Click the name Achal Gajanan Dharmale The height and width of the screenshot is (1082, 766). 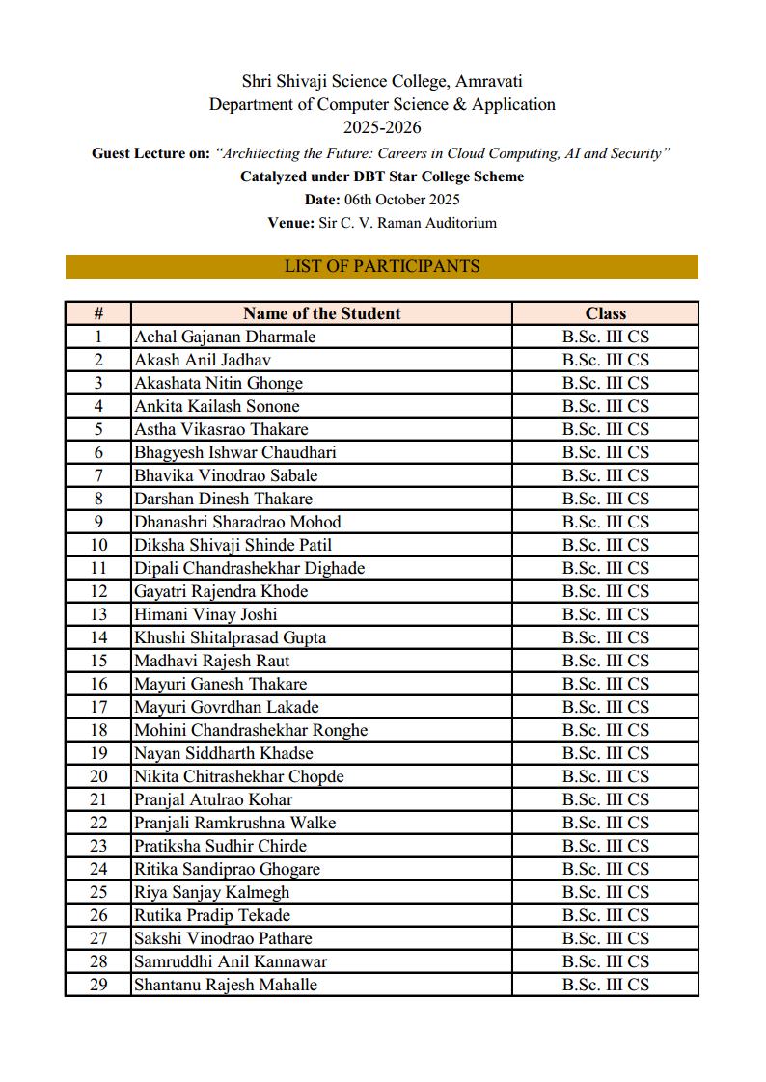tap(225, 337)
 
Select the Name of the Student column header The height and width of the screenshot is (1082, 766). tap(321, 313)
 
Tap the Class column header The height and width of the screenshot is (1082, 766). tap(605, 313)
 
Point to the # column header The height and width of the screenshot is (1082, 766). tap(98, 313)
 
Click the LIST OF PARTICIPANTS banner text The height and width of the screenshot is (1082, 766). tap(382, 266)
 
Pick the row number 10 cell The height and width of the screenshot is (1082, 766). tap(98, 545)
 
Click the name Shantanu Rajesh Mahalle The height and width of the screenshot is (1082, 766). tap(226, 985)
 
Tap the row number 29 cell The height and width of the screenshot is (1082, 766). tap(98, 985)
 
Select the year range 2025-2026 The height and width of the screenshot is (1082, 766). tap(382, 127)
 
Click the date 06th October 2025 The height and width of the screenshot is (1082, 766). tap(408, 200)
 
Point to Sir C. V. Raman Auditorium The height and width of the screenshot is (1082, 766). tap(407, 223)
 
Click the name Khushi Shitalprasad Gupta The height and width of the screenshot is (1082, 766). tap(230, 637)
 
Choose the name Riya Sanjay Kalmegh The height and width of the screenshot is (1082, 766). tap(211, 892)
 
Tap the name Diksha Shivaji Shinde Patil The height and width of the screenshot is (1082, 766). tap(233, 545)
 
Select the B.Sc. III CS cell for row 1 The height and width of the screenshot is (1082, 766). tap(605, 337)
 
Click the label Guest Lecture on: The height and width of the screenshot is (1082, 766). tap(150, 153)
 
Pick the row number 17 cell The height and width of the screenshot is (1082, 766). tap(98, 707)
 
